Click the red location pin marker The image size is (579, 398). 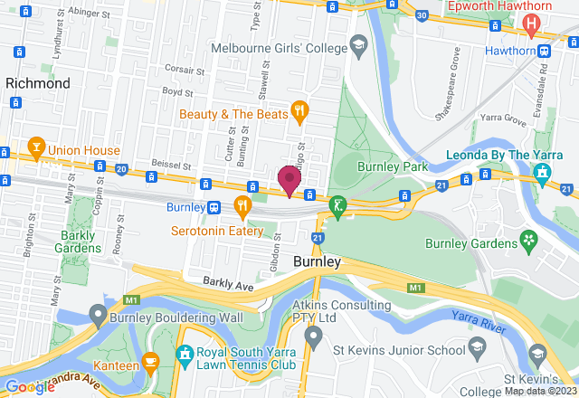(x=289, y=179)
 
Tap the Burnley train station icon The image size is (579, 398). (x=214, y=206)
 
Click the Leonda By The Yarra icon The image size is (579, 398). (x=542, y=171)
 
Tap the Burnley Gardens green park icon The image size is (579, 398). (x=527, y=240)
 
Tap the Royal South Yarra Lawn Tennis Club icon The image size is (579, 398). (x=185, y=354)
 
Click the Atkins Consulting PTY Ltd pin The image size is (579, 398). (x=313, y=338)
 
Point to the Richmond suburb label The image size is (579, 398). (x=38, y=83)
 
